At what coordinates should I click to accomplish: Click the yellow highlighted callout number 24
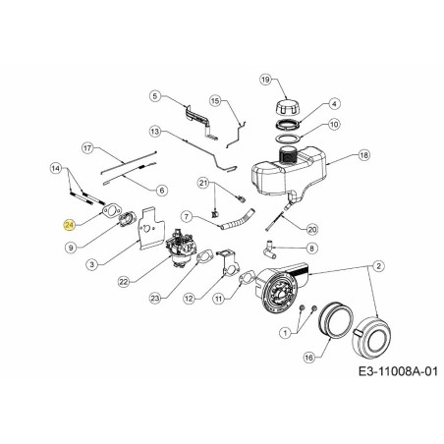[x=70, y=224]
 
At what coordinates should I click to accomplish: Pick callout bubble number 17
[x=86, y=148]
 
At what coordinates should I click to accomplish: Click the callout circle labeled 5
[x=155, y=95]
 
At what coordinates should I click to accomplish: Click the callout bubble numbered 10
[x=334, y=125]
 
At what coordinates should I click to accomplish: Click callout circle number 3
[x=92, y=263]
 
